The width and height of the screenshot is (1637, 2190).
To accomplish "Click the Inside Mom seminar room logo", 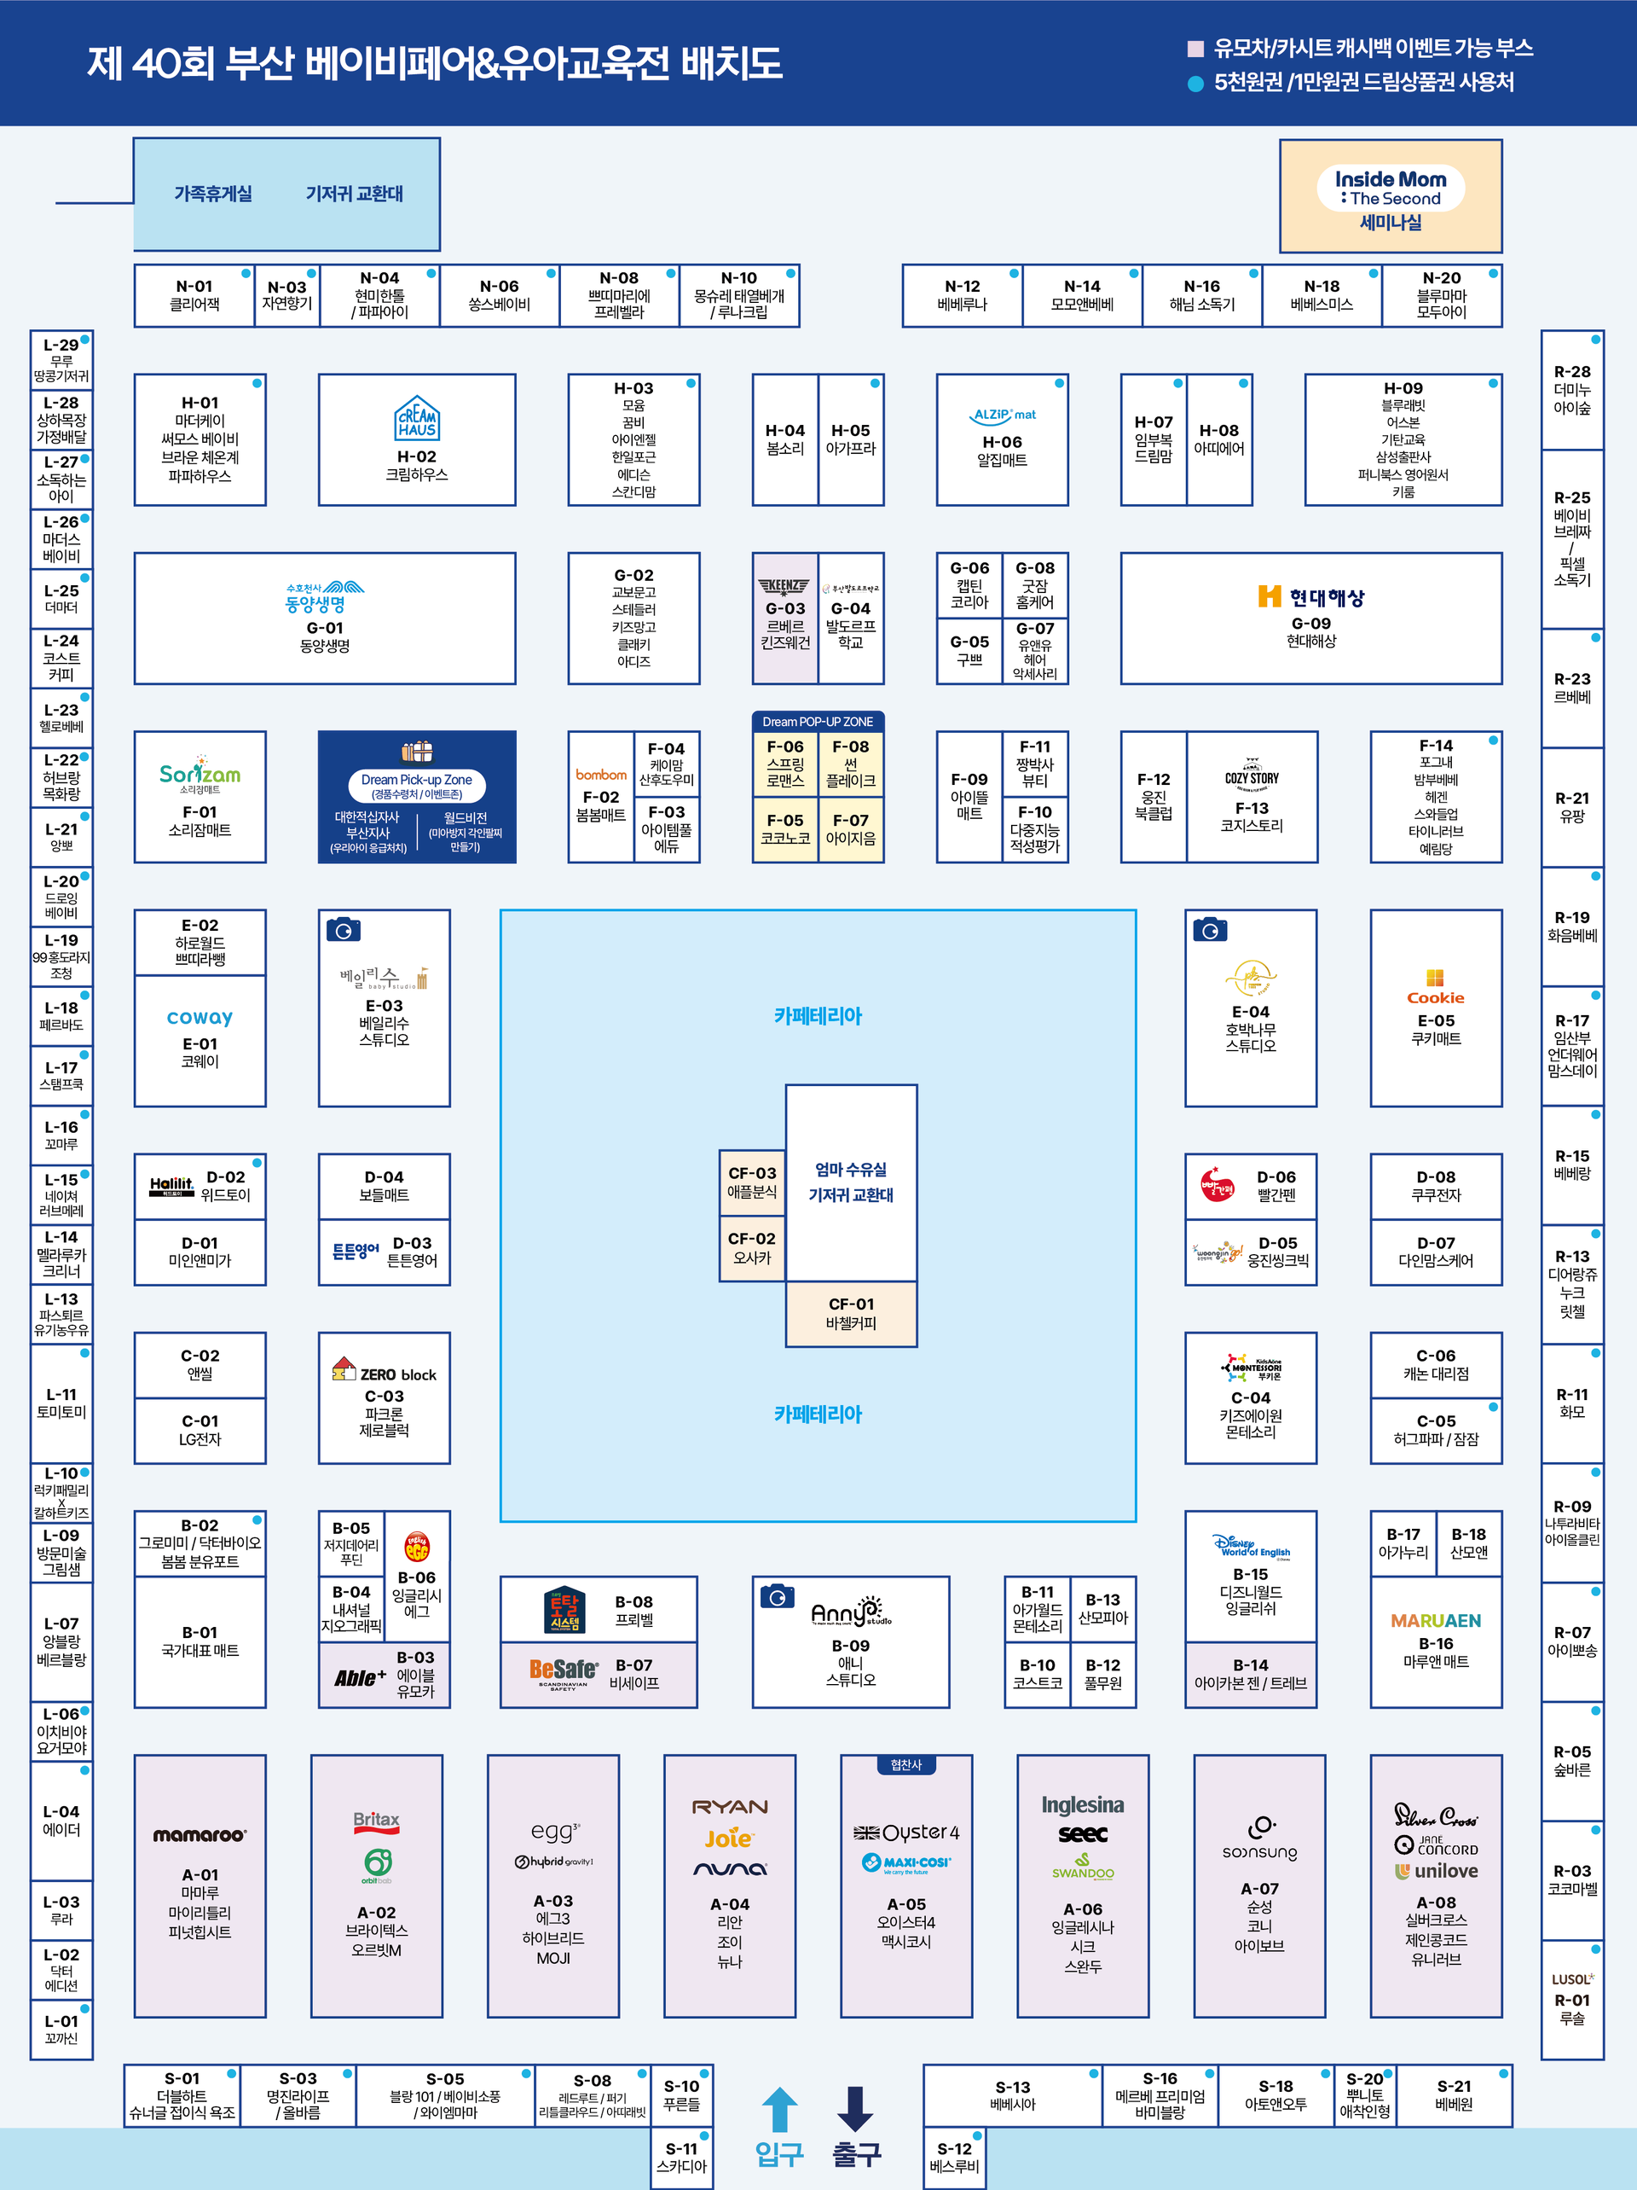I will pyautogui.click(x=1390, y=188).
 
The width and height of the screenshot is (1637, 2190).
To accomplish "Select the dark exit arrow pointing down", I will pyautogui.click(x=855, y=2108).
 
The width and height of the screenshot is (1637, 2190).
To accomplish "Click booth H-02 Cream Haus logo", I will pyautogui.click(x=417, y=418).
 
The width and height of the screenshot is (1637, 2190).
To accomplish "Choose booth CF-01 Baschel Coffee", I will pyautogui.click(x=851, y=1313).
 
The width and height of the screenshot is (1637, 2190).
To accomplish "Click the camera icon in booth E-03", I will pyautogui.click(x=344, y=930).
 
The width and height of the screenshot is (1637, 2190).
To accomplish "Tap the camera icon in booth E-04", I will pyautogui.click(x=1210, y=930).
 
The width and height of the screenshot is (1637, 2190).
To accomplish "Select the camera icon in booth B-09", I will pyautogui.click(x=777, y=1596).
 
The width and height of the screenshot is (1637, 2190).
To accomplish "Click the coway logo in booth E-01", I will pyautogui.click(x=200, y=1017).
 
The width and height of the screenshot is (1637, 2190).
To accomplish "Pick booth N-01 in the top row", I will pyautogui.click(x=194, y=295).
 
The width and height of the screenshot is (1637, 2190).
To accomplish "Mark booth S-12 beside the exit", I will pyautogui.click(x=954, y=2157).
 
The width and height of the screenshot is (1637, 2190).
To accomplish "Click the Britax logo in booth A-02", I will pyautogui.click(x=376, y=1820).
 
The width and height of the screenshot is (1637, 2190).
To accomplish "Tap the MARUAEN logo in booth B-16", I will pyautogui.click(x=1435, y=1621).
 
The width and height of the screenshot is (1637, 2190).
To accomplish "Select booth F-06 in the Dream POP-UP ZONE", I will pyautogui.click(x=785, y=764).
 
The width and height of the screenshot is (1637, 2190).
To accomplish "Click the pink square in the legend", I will pyautogui.click(x=1194, y=49).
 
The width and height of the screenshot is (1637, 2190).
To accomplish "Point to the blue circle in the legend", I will pyautogui.click(x=1194, y=83).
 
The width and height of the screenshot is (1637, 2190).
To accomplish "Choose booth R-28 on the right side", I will pyautogui.click(x=1571, y=389).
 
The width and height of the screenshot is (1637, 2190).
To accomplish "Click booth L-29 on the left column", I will pyautogui.click(x=61, y=359).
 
